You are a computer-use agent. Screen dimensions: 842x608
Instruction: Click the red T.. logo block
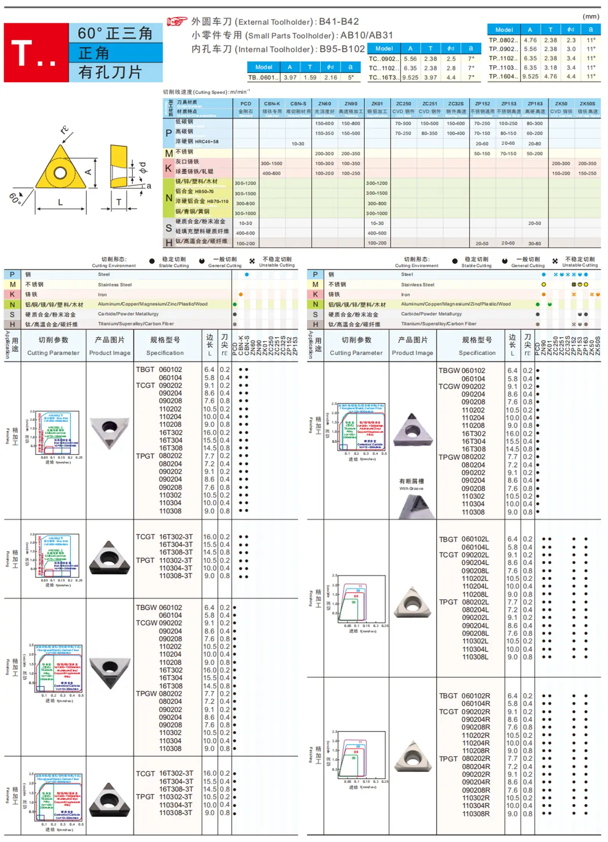coord(36,53)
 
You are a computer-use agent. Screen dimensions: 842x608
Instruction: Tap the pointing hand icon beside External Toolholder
coord(177,21)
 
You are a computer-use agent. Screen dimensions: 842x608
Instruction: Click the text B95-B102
coord(342,49)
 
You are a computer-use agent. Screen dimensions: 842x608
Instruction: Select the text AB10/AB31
coord(366,35)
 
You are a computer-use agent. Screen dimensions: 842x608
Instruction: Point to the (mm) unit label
coord(591,17)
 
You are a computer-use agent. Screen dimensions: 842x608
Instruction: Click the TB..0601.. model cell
coord(263,78)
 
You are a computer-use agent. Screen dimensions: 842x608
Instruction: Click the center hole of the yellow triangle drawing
coord(60,173)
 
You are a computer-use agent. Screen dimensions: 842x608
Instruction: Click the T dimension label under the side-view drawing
coord(119,202)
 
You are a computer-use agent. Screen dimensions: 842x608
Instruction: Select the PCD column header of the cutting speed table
coord(246,103)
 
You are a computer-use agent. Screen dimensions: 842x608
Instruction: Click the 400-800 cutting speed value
coord(272,173)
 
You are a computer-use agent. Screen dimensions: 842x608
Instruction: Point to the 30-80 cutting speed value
coord(535,243)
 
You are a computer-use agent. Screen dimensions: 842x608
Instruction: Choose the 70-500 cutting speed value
coord(403,123)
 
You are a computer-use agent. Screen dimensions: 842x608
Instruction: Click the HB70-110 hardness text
coord(217,201)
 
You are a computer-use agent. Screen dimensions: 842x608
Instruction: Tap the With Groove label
coord(411,488)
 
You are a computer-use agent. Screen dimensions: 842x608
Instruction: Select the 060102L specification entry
coord(475,539)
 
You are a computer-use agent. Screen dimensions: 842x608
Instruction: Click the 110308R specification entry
coord(476,814)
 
